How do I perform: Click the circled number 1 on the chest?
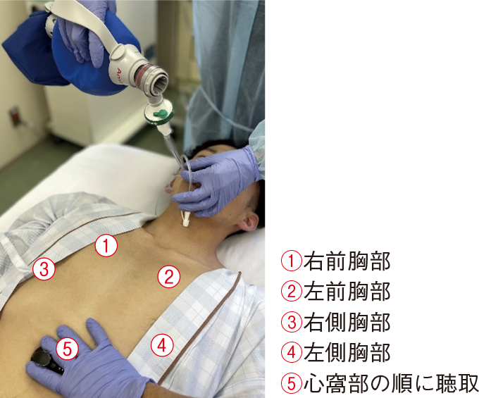point(105,247)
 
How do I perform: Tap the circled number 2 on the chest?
point(168,276)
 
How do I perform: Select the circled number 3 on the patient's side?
point(44,268)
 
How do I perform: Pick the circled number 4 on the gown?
point(161,345)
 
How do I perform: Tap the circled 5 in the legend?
point(292,383)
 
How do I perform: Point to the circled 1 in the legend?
point(292,261)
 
